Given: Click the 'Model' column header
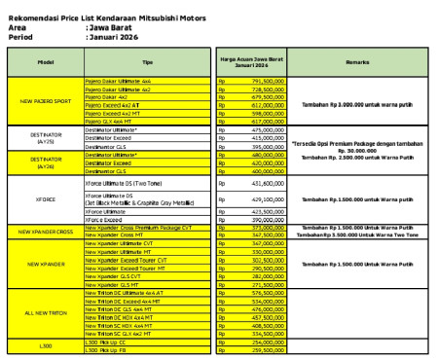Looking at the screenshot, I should (45, 62).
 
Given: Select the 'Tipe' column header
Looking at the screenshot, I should (148, 62).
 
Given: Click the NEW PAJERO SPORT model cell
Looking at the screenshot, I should (45, 101).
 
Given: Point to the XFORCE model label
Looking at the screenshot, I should (45, 198).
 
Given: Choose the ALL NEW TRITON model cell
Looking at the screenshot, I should (45, 313).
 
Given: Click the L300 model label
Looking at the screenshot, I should (45, 345).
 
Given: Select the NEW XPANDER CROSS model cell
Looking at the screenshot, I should (45, 232).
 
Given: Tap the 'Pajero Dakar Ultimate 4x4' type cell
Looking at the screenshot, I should (119, 81).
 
